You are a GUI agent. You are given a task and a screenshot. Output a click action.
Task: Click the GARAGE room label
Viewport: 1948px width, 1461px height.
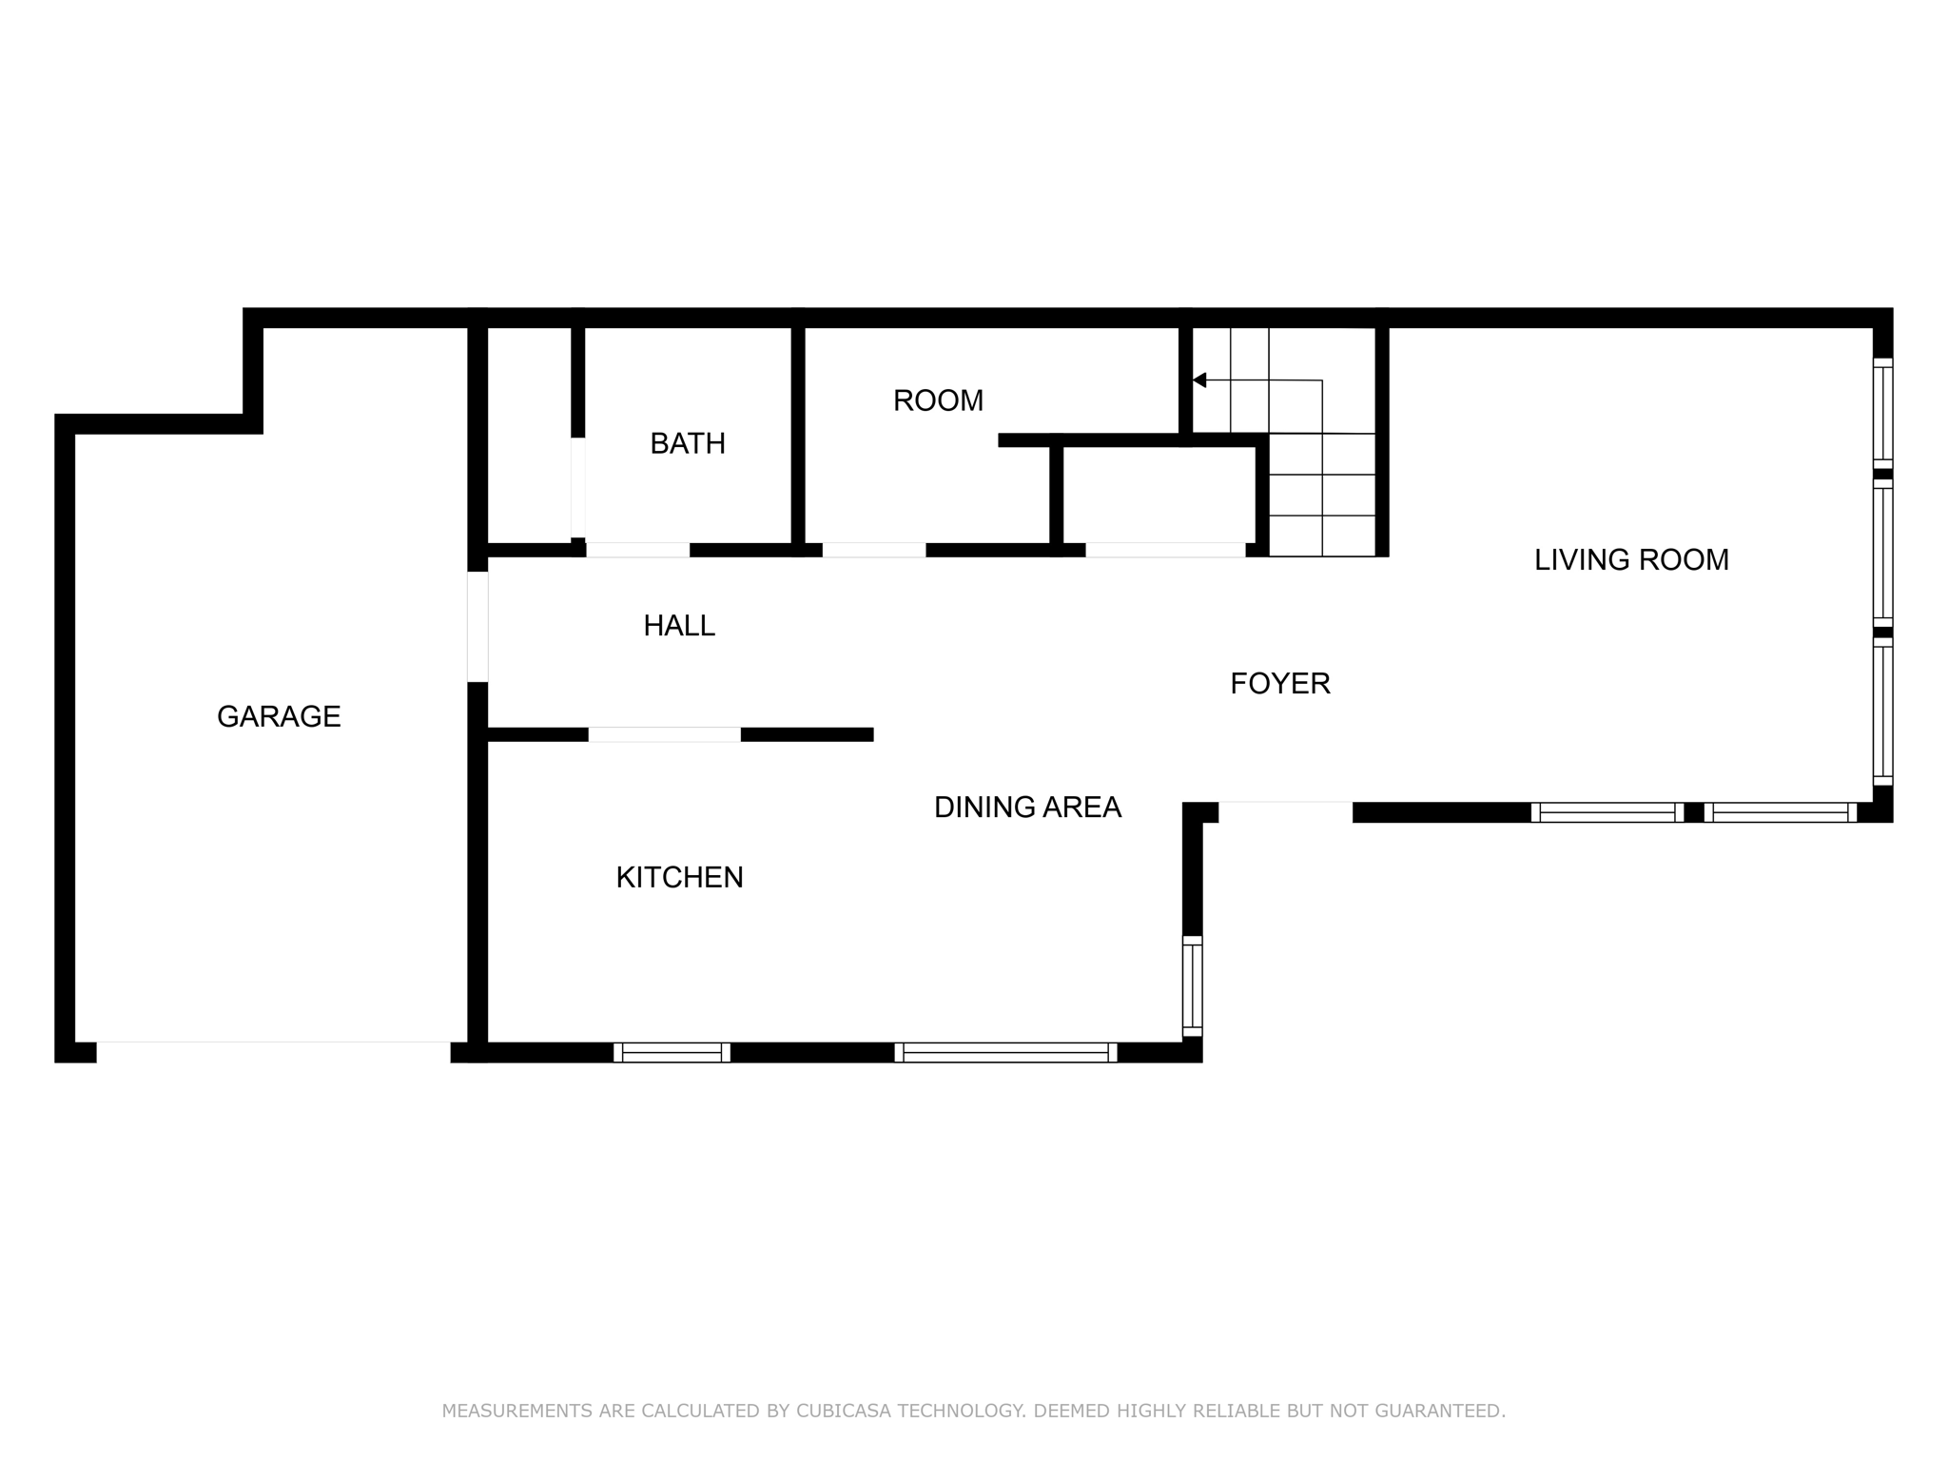click(x=279, y=716)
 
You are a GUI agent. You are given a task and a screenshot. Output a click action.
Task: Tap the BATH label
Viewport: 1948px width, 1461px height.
click(x=687, y=443)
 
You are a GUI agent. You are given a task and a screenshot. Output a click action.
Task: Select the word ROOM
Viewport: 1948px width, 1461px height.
click(x=938, y=400)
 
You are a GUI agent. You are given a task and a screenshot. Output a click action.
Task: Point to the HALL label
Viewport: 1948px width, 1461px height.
click(x=679, y=626)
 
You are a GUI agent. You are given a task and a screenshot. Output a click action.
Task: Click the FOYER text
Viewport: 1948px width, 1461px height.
click(x=1279, y=683)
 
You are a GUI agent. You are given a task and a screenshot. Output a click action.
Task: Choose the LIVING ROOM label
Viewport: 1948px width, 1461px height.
click(x=1631, y=559)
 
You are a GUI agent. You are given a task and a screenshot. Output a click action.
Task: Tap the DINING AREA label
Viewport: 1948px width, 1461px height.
click(x=1027, y=807)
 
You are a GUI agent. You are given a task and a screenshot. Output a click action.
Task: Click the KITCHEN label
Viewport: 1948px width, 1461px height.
click(x=679, y=877)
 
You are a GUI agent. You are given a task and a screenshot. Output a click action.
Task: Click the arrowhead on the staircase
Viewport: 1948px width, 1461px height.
click(x=1199, y=380)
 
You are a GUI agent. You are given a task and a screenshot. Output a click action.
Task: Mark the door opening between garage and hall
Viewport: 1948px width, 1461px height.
click(x=477, y=627)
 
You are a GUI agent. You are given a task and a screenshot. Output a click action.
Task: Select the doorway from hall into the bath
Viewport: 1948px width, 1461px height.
click(x=637, y=550)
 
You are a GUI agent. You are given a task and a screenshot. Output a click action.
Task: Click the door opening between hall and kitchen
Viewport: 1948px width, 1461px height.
click(x=664, y=734)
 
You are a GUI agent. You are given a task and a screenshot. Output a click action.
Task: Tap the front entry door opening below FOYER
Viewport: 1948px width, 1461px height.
click(x=1285, y=810)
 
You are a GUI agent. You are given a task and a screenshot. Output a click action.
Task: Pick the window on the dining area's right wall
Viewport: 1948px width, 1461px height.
click(x=1192, y=985)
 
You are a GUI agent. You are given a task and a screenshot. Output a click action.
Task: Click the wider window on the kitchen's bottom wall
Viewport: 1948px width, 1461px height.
click(x=1005, y=1052)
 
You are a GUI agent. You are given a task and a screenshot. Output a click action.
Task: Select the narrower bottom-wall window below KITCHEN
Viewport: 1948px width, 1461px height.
click(x=672, y=1052)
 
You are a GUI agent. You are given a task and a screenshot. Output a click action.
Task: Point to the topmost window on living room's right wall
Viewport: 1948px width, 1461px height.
click(x=1882, y=413)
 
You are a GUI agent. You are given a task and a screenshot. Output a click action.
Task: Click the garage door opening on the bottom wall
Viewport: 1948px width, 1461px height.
click(x=273, y=1051)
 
